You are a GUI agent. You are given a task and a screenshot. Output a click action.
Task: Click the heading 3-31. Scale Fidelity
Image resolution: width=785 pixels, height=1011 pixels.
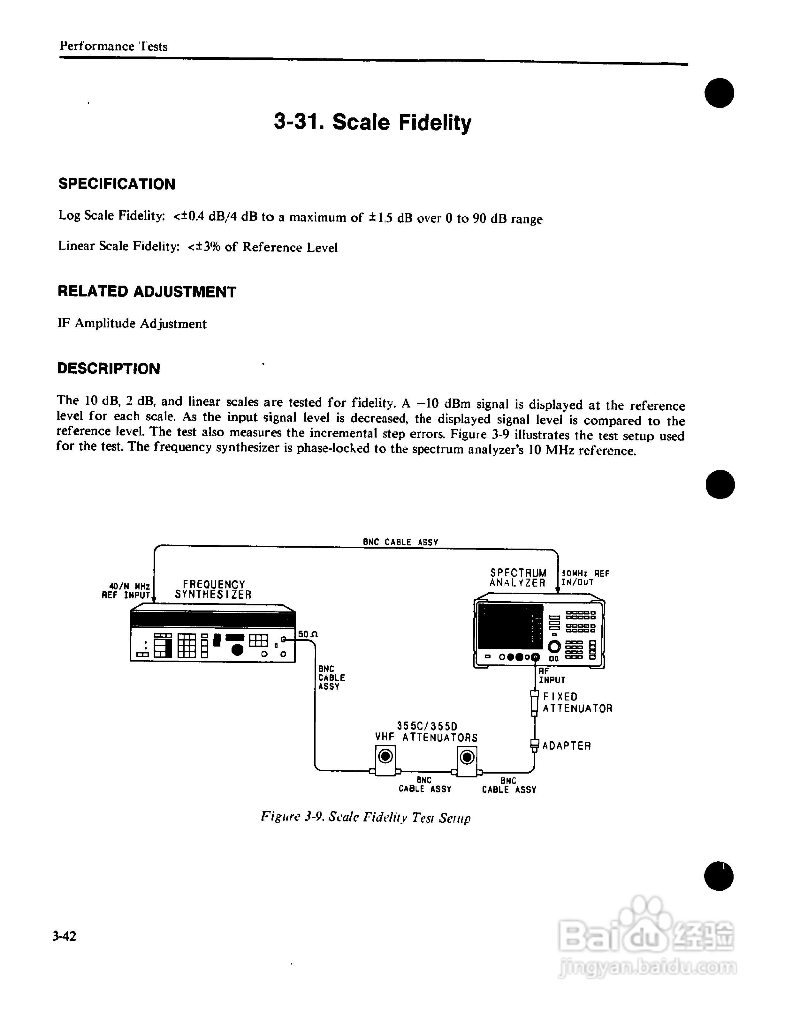coord(372,123)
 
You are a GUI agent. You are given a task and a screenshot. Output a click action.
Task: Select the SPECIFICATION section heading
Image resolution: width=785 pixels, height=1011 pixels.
coord(117,184)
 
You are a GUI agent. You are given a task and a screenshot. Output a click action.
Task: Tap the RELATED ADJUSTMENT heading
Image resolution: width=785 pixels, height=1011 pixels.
coord(147,292)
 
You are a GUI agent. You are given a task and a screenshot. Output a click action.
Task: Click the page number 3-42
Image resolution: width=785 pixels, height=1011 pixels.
coord(65,936)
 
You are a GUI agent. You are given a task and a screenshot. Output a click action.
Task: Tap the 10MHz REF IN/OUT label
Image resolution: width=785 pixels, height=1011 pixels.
coord(585,578)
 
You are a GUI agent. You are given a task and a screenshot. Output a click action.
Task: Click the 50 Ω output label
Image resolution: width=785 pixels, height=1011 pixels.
coord(308,634)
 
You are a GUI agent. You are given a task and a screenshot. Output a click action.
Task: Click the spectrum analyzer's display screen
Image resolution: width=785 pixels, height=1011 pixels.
coord(510,626)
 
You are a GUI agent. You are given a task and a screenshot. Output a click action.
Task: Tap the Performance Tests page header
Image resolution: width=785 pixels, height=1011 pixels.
coord(113,46)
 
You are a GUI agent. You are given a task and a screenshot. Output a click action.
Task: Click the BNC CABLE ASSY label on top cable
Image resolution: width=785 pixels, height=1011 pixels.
coord(400,542)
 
